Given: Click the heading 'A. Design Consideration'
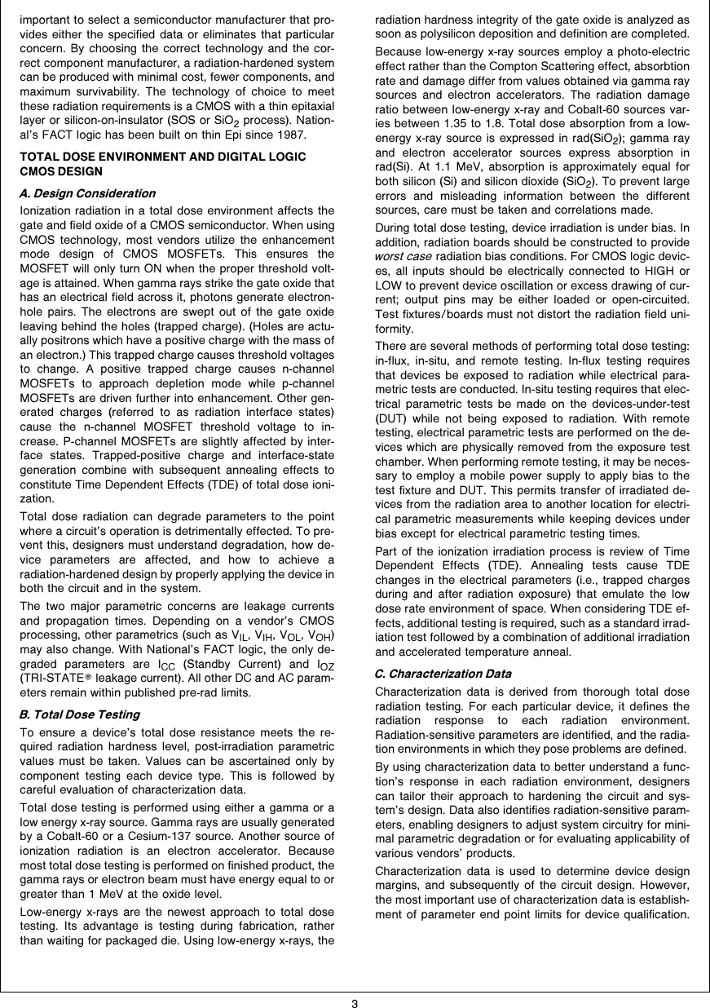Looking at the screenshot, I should point(87,193).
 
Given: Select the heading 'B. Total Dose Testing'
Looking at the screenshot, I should point(79,714).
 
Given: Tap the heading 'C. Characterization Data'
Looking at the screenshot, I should point(443,674).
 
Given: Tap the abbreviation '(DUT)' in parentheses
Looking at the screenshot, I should point(391,417).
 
